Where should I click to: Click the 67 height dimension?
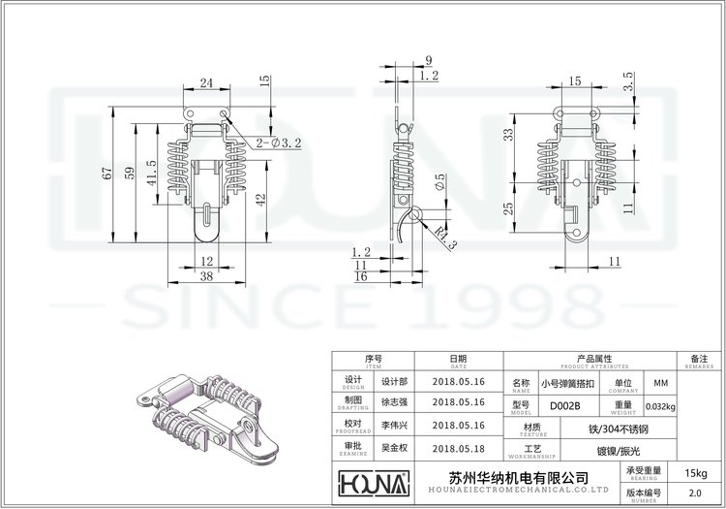[107, 175]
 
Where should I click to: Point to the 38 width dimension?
[205, 276]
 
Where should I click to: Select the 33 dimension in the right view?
[508, 136]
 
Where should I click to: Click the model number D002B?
[566, 406]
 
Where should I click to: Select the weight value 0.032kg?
[661, 406]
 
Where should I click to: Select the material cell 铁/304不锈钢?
[615, 428]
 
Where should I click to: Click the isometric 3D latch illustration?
[208, 416]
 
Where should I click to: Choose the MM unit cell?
[661, 385]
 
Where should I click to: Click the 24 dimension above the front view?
[206, 82]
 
